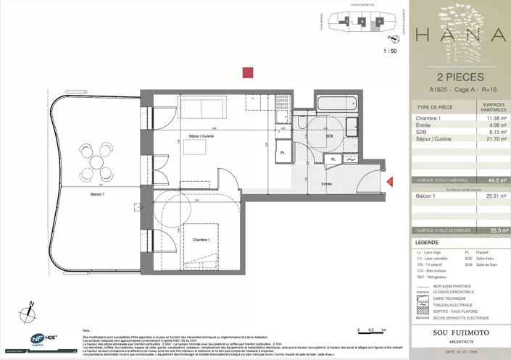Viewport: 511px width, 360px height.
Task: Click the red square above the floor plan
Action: click(x=248, y=72)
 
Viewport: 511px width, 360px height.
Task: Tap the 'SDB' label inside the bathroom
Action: click(x=328, y=136)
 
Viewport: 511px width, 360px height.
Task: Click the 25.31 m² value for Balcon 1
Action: click(x=494, y=196)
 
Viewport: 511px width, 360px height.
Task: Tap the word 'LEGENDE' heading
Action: click(x=426, y=242)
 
